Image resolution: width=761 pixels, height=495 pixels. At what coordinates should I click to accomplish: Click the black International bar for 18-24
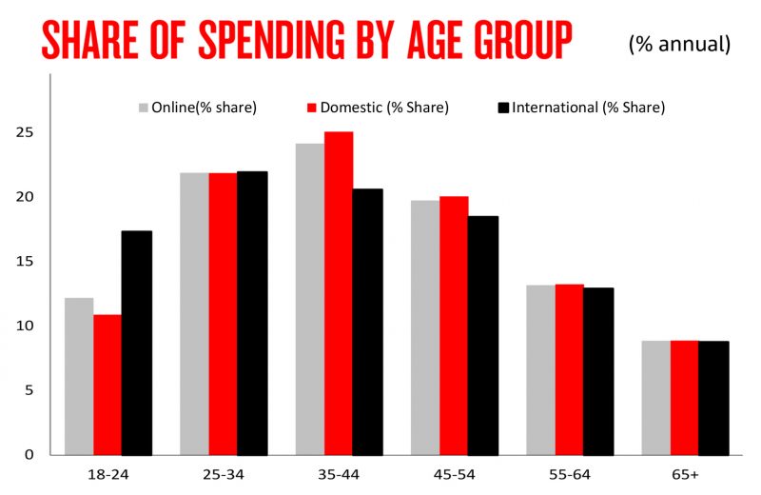(x=137, y=343)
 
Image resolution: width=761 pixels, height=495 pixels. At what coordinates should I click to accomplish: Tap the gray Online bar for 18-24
(x=79, y=376)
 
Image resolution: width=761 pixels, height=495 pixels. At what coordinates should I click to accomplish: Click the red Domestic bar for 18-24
(x=107, y=385)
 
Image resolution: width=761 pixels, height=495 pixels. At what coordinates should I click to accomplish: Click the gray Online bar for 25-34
(x=194, y=313)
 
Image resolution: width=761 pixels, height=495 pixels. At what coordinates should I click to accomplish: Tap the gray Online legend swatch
(x=146, y=108)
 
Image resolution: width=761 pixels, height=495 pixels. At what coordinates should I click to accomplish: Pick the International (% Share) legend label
(x=589, y=108)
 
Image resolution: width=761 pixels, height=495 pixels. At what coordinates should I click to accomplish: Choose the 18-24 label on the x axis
(x=107, y=473)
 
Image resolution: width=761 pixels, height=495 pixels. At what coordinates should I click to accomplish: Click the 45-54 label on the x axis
(x=453, y=473)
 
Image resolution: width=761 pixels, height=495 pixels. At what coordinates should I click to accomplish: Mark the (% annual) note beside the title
(x=679, y=43)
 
